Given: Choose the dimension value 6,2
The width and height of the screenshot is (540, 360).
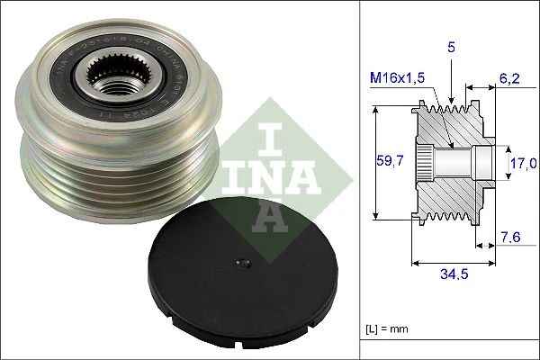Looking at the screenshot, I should pyautogui.click(x=510, y=80).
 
